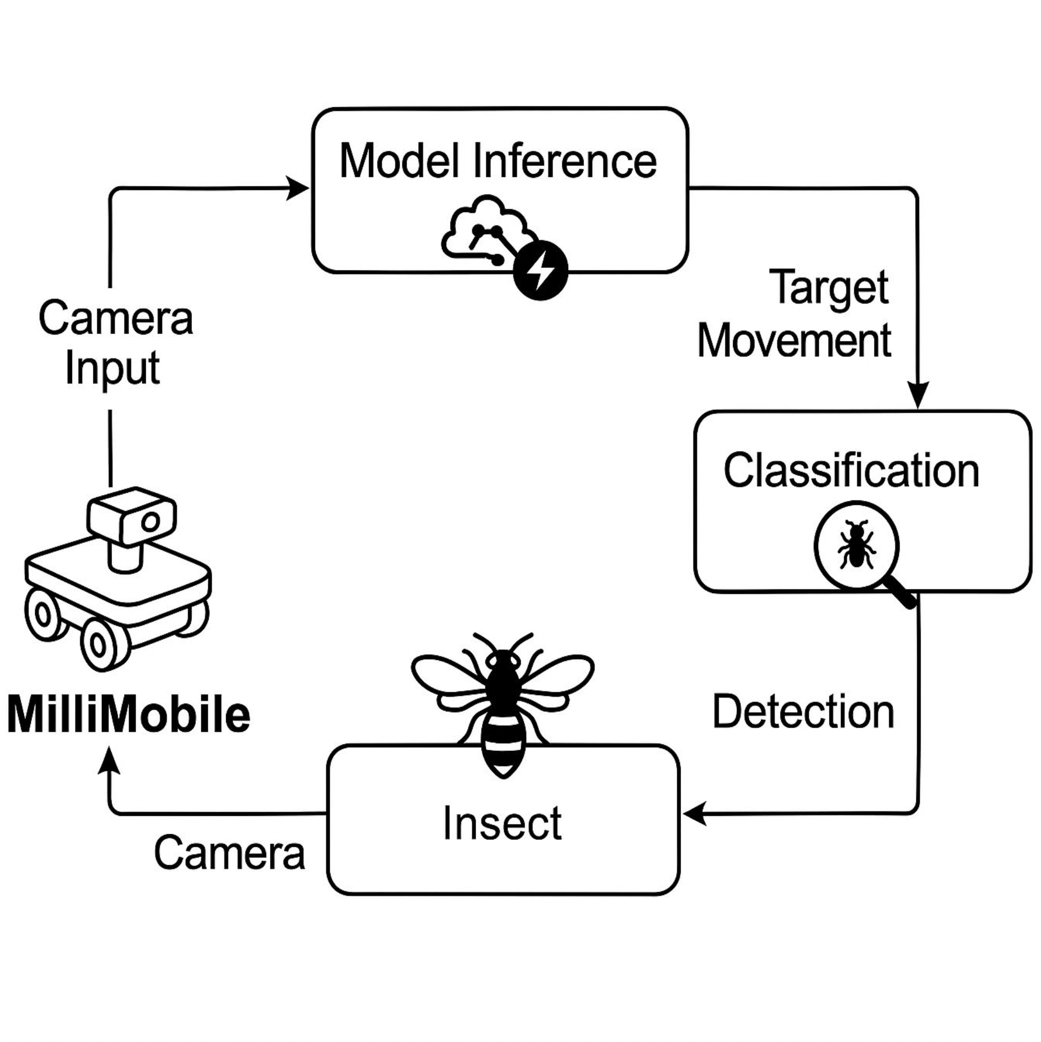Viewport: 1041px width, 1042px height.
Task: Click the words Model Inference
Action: [498, 161]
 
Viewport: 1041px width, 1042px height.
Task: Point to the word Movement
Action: [794, 340]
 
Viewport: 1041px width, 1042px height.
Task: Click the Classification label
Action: [851, 471]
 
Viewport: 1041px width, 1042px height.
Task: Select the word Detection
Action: [803, 712]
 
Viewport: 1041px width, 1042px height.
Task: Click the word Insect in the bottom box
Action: [502, 823]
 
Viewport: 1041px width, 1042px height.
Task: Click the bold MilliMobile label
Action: [129, 715]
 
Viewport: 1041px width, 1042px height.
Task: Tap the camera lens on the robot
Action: [150, 522]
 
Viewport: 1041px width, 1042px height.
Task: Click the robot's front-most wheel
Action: [98, 645]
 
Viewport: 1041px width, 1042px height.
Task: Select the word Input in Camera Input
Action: [112, 368]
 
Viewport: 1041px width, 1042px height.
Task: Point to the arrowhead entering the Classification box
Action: [918, 394]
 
